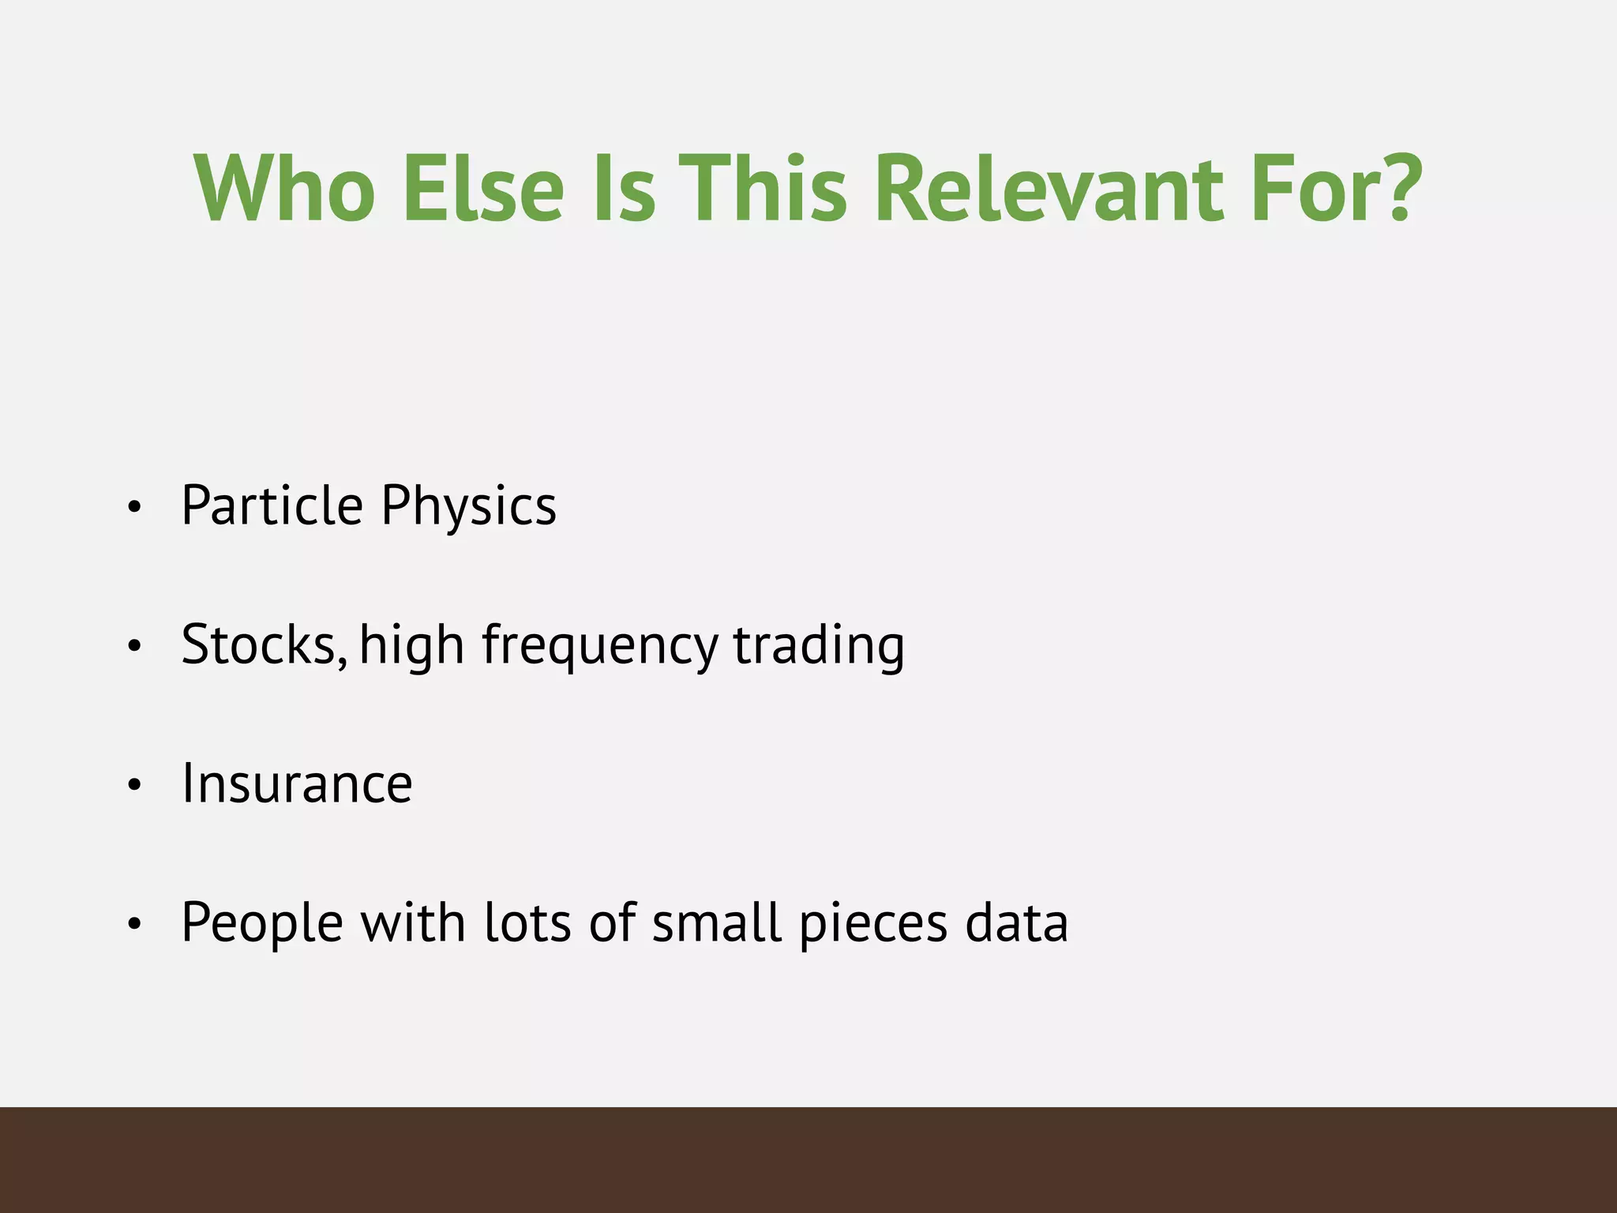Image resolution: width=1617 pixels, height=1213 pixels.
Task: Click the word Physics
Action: pos(469,506)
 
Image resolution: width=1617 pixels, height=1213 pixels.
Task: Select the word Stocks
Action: pos(264,644)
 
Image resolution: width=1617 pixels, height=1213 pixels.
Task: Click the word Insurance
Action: pos(297,783)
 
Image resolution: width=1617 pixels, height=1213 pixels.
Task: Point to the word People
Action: pos(262,923)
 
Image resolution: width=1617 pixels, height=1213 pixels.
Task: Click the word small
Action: pos(716,922)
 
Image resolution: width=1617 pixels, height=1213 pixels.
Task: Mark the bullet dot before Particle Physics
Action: pos(134,507)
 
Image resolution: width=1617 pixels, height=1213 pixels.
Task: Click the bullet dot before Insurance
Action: pos(134,785)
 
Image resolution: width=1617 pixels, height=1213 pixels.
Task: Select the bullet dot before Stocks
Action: pos(134,646)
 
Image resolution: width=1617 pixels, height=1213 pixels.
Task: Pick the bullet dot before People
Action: pos(134,924)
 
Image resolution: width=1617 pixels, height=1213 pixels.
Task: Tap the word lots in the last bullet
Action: pos(527,922)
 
